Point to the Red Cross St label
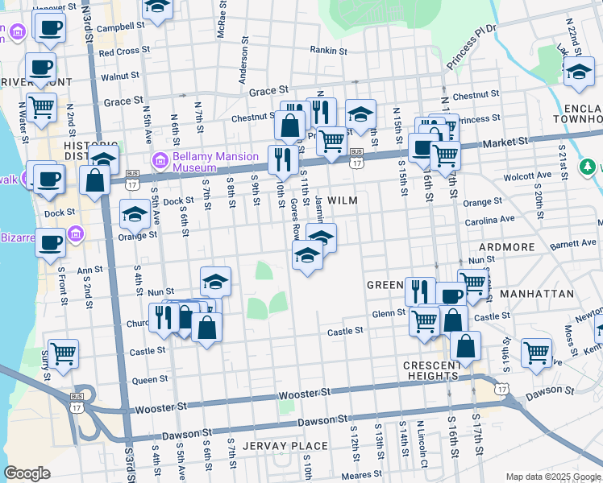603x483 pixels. [x=119, y=52]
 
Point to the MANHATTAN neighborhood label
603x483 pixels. [x=536, y=295]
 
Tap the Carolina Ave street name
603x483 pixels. [x=489, y=219]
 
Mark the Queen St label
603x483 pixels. [x=150, y=379]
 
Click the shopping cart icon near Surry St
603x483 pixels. [x=63, y=351]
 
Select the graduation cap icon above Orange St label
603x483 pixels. [x=134, y=213]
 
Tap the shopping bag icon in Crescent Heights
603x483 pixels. [x=466, y=345]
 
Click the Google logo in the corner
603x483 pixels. [x=27, y=473]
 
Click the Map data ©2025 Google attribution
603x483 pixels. [x=552, y=477]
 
